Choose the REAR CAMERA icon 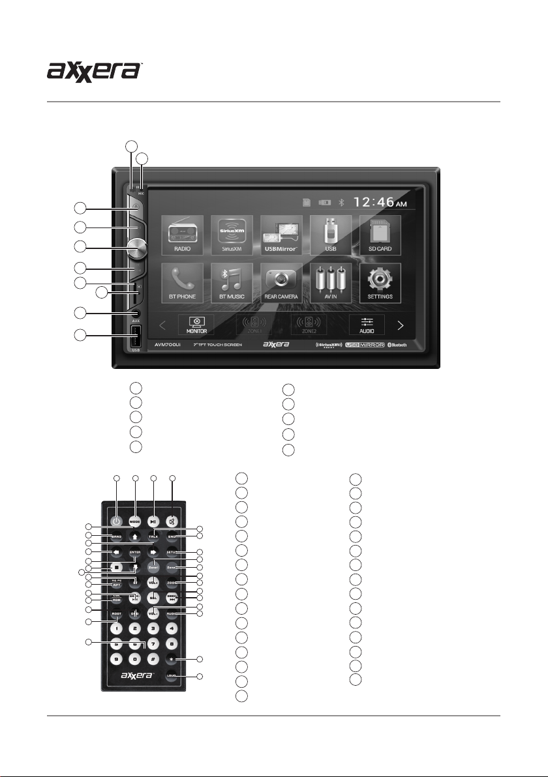[281, 282]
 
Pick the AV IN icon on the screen [329, 282]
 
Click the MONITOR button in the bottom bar [196, 324]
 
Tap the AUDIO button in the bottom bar [366, 324]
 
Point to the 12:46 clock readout [378, 202]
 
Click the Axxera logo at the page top [95, 70]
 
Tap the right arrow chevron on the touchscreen [401, 324]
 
